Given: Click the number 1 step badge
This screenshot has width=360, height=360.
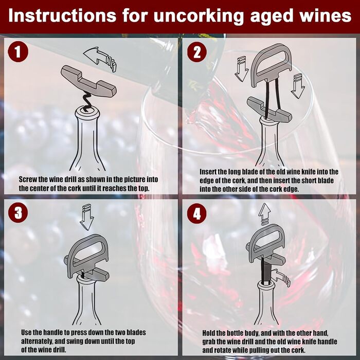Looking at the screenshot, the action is point(18,51).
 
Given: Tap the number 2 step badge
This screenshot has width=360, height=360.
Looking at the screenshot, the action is point(197,51).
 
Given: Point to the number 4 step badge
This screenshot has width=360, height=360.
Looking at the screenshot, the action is point(197,214).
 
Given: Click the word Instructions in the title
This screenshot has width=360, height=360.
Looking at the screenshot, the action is point(62,15).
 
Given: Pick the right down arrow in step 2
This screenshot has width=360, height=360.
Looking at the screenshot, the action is point(298,86).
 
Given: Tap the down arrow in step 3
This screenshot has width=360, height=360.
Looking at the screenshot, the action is point(86,217).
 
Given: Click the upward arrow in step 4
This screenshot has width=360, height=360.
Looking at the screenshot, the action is point(264,213).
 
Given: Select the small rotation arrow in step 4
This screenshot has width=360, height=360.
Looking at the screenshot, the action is point(280,277).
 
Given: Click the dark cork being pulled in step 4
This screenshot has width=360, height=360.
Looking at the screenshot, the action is point(266,273).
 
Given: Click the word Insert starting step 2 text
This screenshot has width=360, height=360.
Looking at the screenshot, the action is point(208,171).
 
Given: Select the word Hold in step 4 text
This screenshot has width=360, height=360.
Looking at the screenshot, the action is point(208,333).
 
